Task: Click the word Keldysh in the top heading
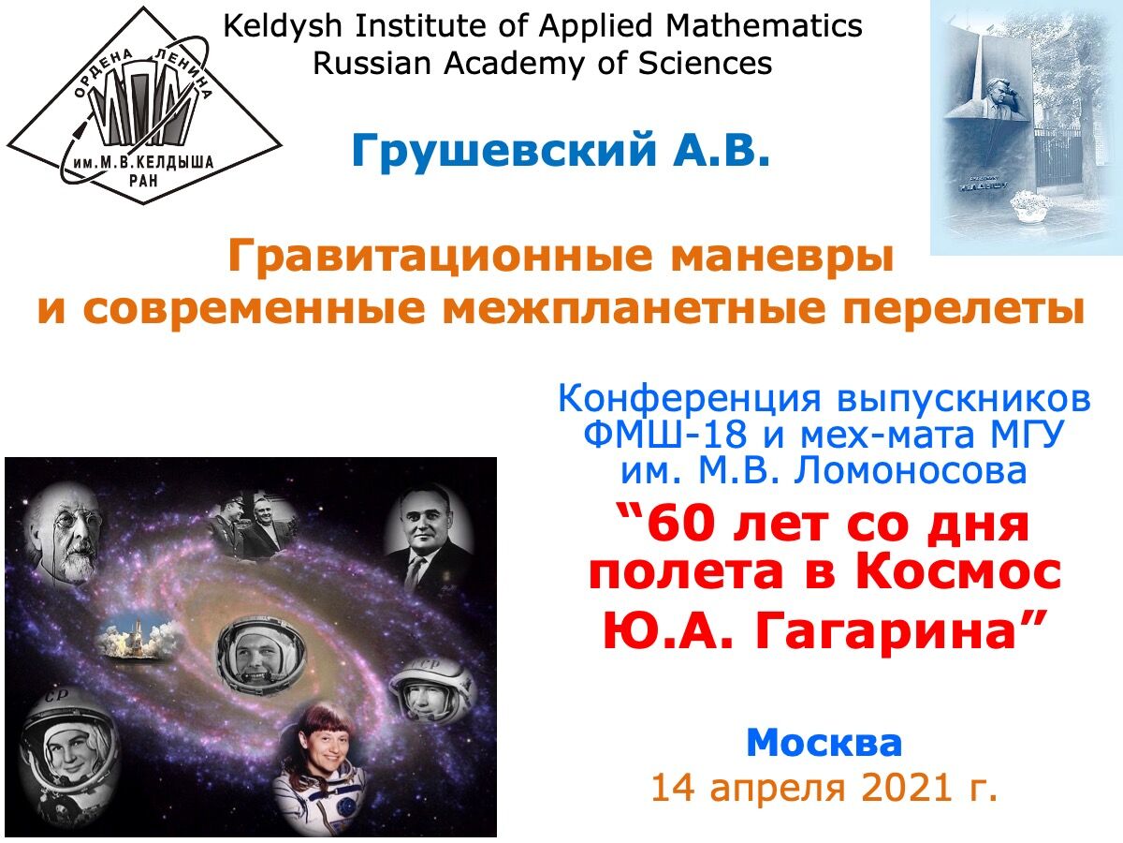[x=283, y=26]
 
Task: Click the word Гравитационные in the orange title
[x=440, y=258]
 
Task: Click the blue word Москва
[x=824, y=743]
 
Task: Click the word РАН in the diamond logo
[x=143, y=180]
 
